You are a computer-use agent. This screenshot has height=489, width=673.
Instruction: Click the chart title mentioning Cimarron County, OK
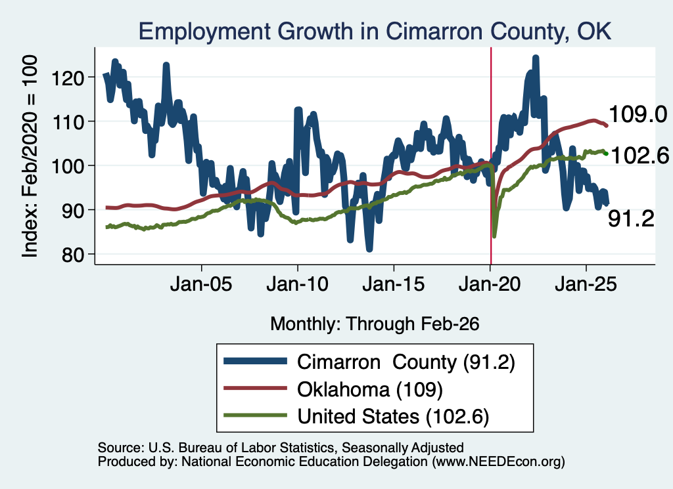375,32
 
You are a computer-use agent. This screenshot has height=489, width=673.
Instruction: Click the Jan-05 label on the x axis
201,284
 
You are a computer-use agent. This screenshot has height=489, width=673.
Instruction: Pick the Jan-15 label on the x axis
394,284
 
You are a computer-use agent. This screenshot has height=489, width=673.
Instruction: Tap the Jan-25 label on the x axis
586,284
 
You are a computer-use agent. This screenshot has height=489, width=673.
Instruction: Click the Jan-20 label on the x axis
490,284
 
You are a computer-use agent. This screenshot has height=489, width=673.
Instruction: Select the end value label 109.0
638,114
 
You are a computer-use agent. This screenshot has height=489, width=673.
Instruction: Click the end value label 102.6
639,155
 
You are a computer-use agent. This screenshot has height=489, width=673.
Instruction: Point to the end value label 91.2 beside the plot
631,219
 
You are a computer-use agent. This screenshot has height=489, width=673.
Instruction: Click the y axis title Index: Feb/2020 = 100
30,156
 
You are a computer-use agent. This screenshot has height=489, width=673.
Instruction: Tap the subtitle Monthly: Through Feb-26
374,324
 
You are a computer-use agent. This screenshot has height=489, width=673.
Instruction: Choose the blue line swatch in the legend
256,361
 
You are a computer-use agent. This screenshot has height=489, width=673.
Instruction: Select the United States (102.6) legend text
393,417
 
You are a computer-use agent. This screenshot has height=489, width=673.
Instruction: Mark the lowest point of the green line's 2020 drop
494,236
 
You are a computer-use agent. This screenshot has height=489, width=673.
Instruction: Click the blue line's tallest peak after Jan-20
535,57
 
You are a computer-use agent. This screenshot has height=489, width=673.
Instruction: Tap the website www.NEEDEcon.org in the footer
498,461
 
